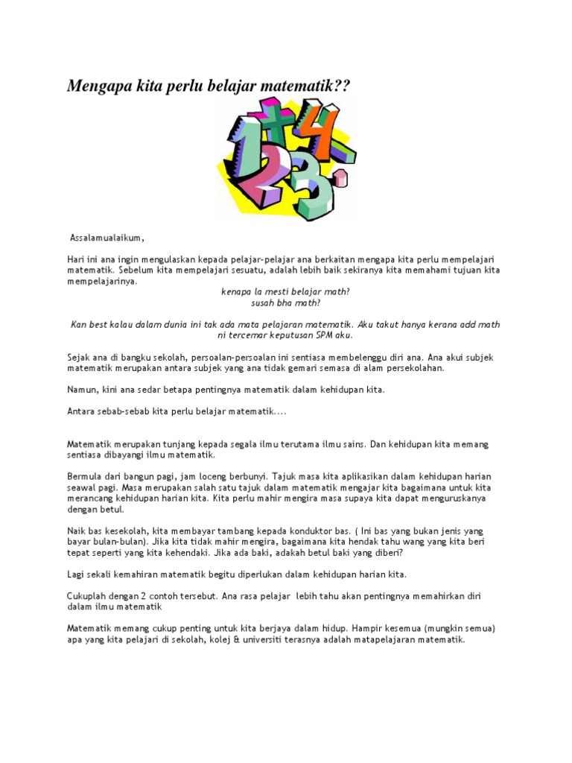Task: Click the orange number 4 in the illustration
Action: click(322, 134)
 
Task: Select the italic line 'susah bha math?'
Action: click(285, 303)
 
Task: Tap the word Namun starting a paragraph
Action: click(83, 390)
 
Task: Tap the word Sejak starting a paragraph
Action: click(80, 358)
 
